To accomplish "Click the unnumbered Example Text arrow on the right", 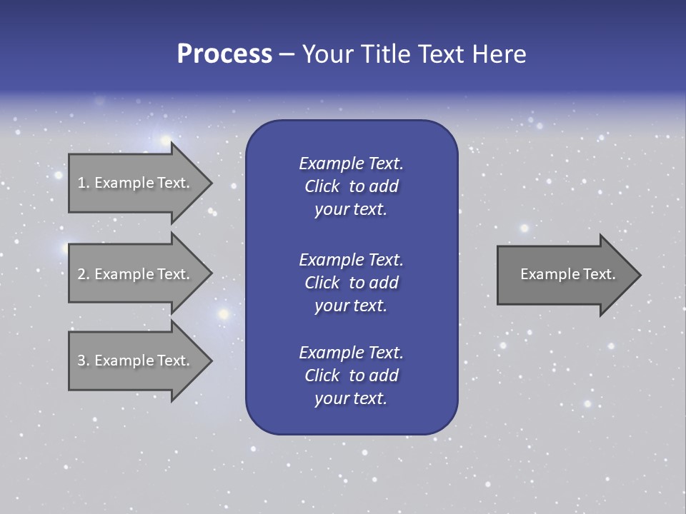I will pos(565,274).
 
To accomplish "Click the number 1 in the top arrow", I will pos(81,183).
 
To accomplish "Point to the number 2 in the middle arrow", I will pos(81,274).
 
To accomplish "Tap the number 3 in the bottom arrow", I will pos(81,361).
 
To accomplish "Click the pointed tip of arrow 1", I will pos(210,183).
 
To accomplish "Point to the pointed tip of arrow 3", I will pos(210,361).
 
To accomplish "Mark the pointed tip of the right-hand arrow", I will pos(639,275).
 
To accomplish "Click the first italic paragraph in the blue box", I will pos(351,186).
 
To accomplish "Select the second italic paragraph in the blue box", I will pos(351,283).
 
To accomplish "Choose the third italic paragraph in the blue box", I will pos(351,376).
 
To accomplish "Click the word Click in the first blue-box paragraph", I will pos(322,186).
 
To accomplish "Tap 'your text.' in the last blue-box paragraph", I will pos(351,399).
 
